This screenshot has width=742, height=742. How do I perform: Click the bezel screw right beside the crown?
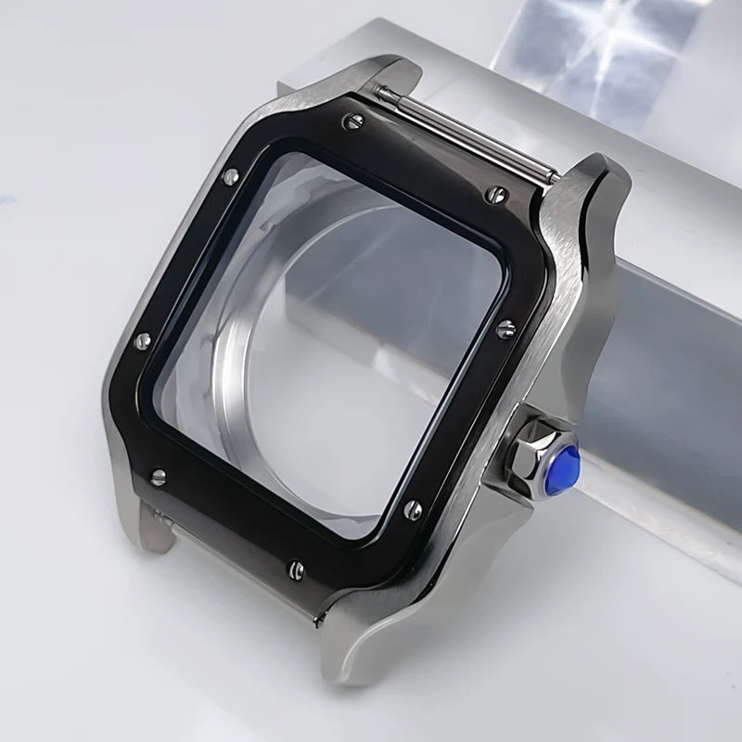[505, 328]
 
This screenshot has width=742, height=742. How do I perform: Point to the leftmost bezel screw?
[143, 341]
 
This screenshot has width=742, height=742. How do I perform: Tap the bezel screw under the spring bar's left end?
[352, 120]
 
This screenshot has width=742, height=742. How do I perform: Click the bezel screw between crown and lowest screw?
[414, 509]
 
